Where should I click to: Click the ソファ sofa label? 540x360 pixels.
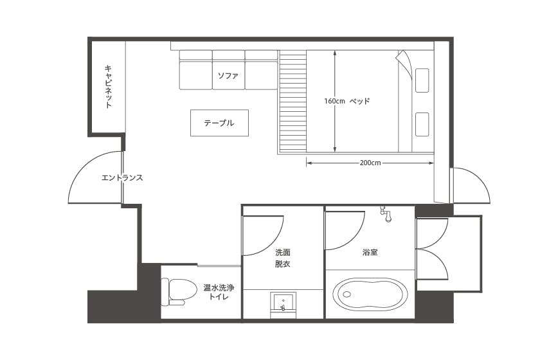(x=228, y=75)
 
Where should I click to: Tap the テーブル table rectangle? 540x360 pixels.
(x=219, y=123)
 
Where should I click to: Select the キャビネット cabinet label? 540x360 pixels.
(x=109, y=87)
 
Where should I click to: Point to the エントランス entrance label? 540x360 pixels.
(x=122, y=178)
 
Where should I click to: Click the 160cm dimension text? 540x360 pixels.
(x=334, y=101)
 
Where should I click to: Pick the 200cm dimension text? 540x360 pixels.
(x=370, y=163)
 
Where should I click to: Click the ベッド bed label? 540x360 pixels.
(x=360, y=101)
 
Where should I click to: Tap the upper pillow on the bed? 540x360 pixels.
(x=422, y=80)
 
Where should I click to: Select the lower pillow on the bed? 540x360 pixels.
(x=422, y=124)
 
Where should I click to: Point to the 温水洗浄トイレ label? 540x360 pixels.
(x=219, y=292)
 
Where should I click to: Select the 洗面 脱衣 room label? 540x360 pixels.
(x=283, y=258)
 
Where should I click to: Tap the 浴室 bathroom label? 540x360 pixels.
(x=370, y=252)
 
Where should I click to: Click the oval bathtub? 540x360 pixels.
(x=370, y=294)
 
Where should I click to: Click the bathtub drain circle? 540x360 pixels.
(x=346, y=294)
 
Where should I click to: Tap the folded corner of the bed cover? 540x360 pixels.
(x=404, y=62)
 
